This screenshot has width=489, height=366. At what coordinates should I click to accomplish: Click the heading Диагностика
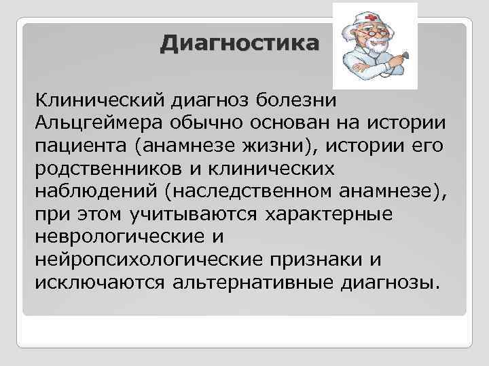pos(239,44)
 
